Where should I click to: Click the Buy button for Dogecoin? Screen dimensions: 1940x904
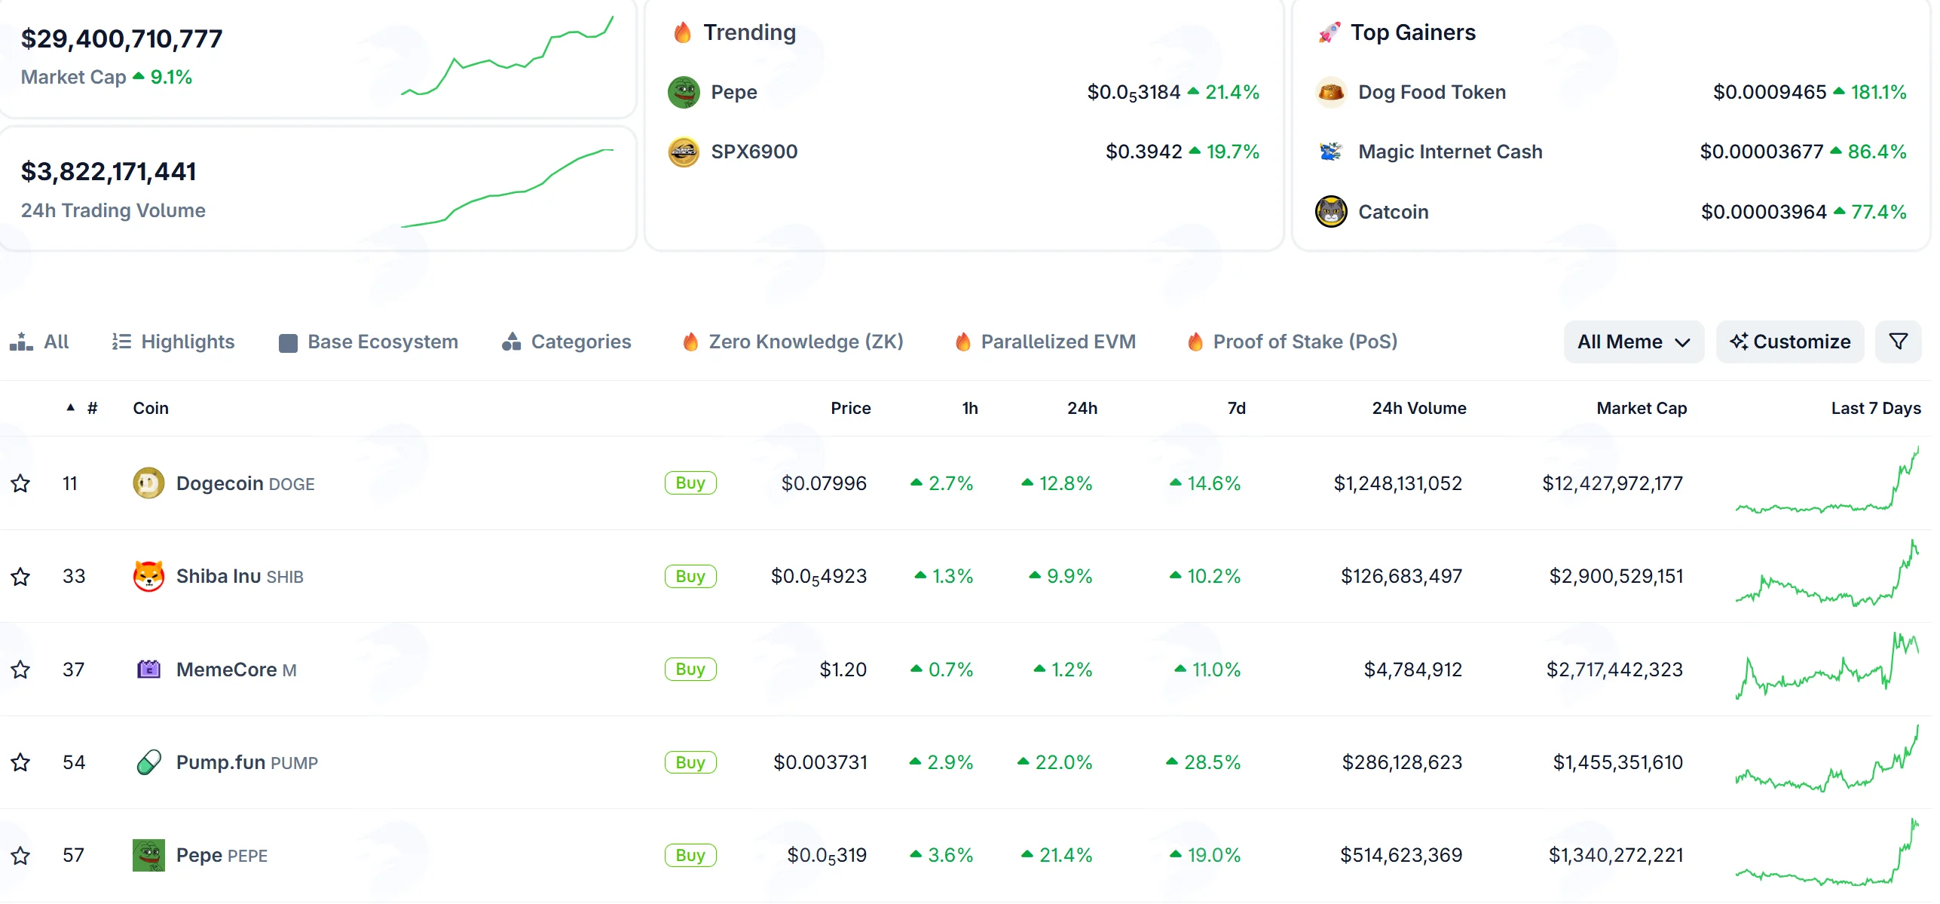[x=690, y=483]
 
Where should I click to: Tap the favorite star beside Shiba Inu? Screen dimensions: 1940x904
[x=20, y=577]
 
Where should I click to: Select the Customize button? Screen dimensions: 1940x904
[x=1790, y=342]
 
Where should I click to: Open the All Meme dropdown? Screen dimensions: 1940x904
[x=1633, y=342]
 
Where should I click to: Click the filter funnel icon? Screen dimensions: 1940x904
[x=1899, y=342]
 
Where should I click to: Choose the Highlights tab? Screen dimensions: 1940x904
[x=173, y=342]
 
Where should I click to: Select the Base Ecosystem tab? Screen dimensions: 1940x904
[x=369, y=342]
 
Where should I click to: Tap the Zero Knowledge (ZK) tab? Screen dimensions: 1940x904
[x=793, y=342]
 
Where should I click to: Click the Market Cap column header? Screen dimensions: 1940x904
[x=1642, y=408]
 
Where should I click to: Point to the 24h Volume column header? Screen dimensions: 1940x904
[x=1419, y=408]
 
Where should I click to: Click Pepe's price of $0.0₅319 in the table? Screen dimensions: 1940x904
[x=827, y=855]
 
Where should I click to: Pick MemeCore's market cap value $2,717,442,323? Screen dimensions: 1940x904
[x=1614, y=670]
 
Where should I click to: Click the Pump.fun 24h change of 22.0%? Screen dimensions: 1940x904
[x=1055, y=762]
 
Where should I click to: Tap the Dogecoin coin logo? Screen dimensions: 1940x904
[x=148, y=483]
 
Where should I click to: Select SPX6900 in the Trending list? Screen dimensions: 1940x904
[x=754, y=152]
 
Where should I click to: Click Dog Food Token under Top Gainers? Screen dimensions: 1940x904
[x=1432, y=92]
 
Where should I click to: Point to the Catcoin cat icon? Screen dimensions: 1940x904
[x=1331, y=211]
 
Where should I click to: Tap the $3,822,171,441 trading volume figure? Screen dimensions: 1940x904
[x=109, y=172]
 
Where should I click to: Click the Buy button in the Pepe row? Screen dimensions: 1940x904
[x=690, y=855]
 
